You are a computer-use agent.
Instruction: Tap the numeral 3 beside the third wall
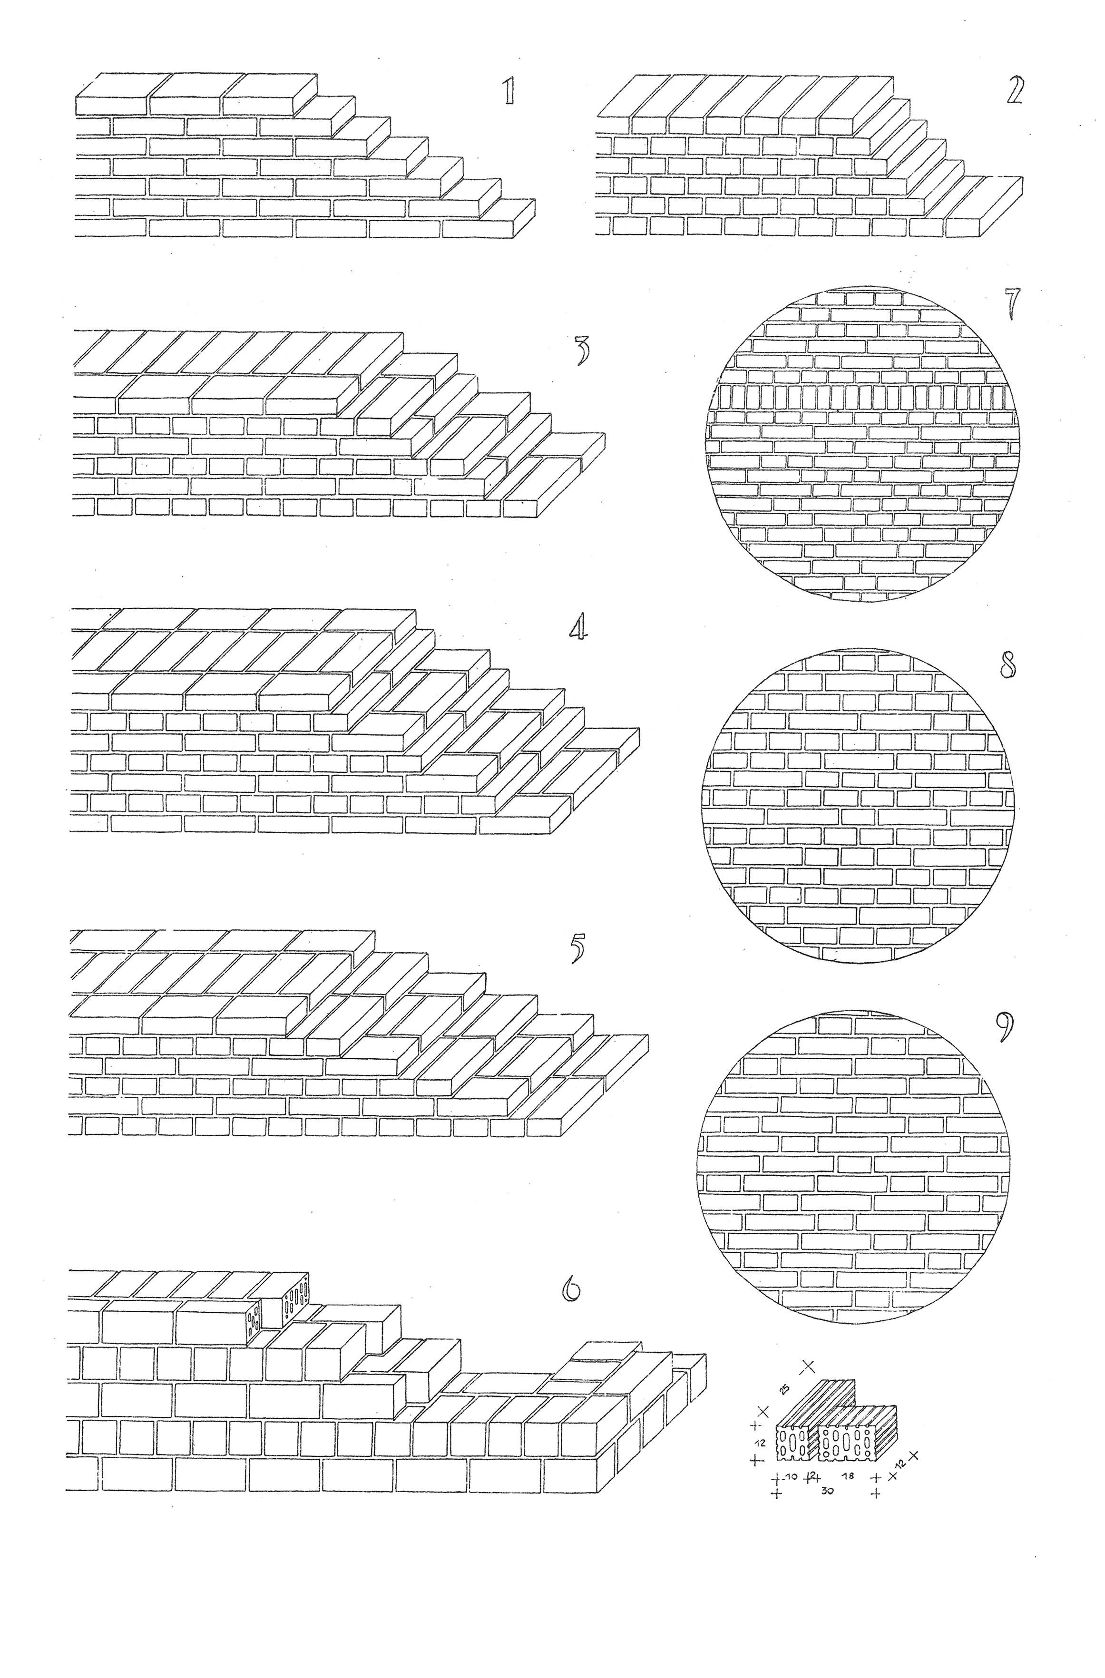coord(582,351)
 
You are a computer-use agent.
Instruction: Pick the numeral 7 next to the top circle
coord(1013,302)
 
